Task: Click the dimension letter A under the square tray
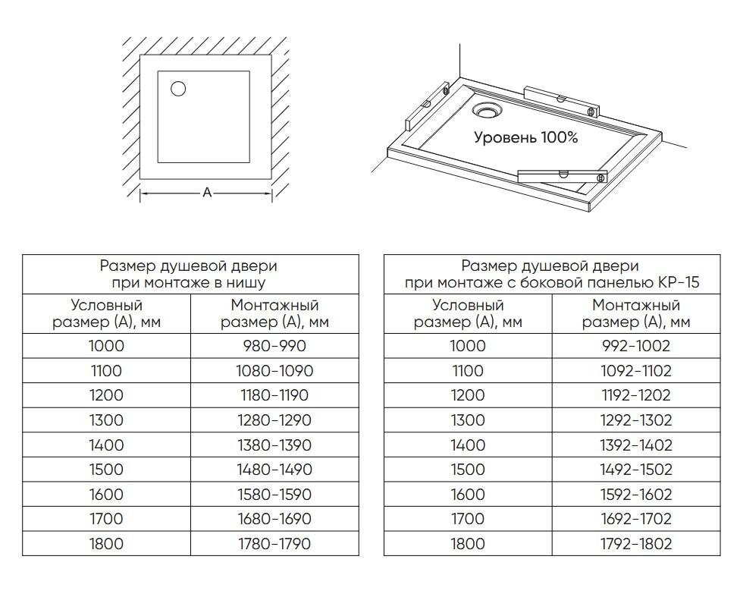point(206,193)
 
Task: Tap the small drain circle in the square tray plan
point(178,89)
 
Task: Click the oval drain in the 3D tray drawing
point(486,111)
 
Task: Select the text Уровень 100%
point(525,137)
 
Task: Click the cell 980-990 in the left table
point(274,346)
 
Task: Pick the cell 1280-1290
point(274,420)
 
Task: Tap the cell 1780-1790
point(274,544)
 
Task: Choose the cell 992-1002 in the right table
point(636,346)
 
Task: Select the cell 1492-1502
point(636,470)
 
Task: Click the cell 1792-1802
point(636,544)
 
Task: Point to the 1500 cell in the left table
point(106,470)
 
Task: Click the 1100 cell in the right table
point(468,371)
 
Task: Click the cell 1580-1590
point(274,495)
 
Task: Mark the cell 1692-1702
point(636,519)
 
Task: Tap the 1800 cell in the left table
point(106,544)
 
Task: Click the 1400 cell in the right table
point(468,445)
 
